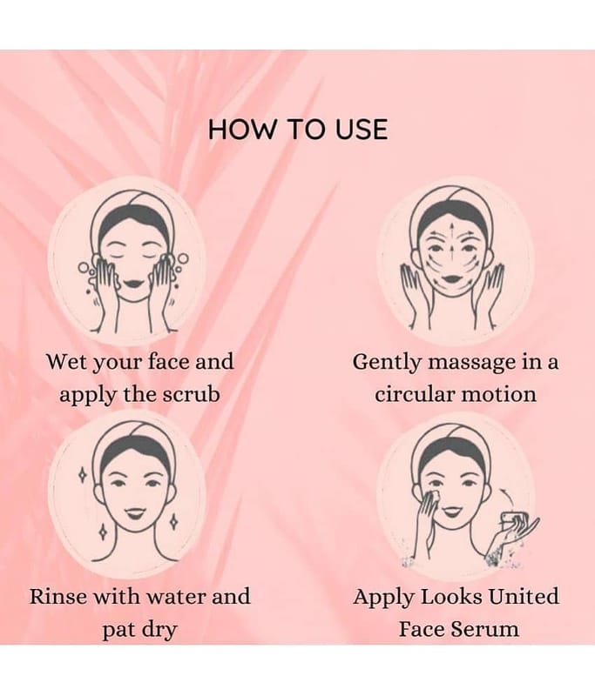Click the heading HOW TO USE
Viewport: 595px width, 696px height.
[298, 130]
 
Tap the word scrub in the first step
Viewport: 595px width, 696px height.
[191, 394]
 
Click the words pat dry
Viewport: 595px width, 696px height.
[139, 630]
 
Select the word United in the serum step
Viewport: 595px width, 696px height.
[524, 596]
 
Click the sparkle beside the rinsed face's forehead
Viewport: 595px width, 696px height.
[82, 475]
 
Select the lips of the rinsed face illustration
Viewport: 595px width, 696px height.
[133, 514]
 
